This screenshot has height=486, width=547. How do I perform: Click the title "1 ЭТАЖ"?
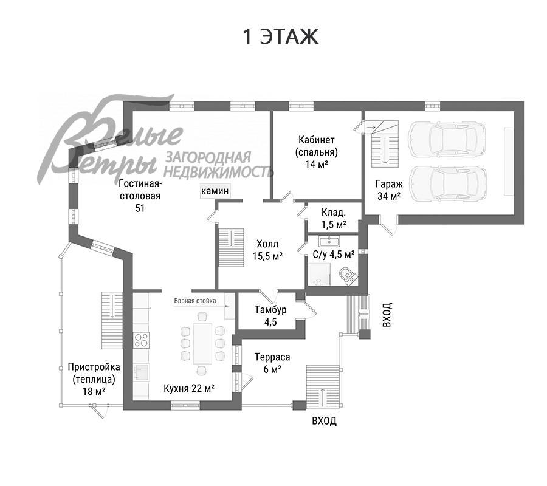click(281, 36)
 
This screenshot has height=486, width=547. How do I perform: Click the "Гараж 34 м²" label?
click(388, 189)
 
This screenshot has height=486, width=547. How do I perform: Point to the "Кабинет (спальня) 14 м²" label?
click(316, 152)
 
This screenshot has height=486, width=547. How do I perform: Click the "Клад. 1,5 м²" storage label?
click(334, 219)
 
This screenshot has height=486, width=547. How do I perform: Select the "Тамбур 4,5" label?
click(270, 315)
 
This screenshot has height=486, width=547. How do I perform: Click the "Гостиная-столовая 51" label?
click(139, 196)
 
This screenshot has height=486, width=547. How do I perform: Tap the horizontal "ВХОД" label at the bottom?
click(324, 421)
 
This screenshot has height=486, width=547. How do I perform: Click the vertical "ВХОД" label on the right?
click(386, 315)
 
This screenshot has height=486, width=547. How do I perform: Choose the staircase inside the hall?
click(231, 245)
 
